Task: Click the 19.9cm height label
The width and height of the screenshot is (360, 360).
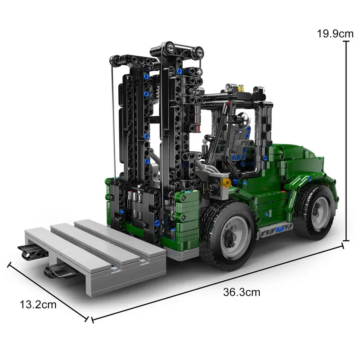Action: [336, 33]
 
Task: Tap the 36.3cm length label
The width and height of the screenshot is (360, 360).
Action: [242, 292]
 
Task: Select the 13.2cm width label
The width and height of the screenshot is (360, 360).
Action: [38, 305]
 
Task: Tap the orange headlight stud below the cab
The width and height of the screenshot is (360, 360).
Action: [227, 182]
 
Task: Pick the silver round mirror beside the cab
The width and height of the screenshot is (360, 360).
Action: [243, 119]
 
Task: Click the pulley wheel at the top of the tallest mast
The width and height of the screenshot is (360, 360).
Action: [172, 48]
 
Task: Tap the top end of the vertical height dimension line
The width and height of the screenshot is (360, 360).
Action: [346, 41]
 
